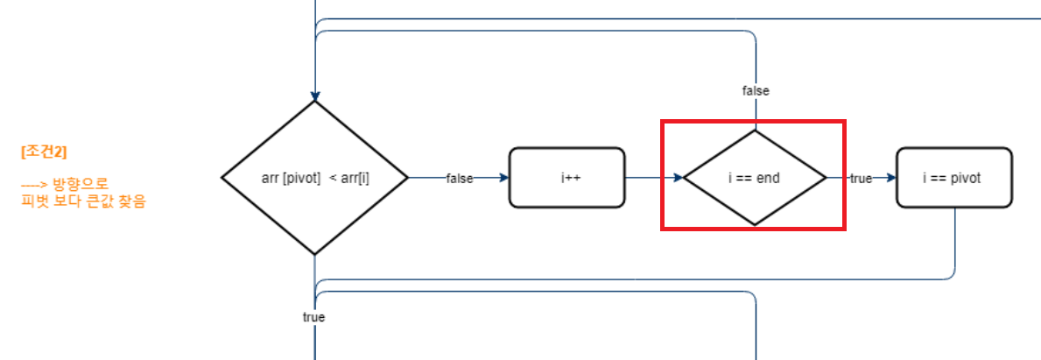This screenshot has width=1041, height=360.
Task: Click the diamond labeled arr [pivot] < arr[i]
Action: [314, 178]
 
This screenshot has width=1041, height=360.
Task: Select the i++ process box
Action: [567, 178]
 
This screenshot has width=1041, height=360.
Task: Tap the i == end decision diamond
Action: [755, 178]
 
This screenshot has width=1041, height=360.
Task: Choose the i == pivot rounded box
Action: [953, 178]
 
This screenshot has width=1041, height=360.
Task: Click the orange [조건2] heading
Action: [43, 151]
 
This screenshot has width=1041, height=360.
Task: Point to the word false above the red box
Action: [756, 90]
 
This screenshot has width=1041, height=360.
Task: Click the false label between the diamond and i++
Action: [460, 178]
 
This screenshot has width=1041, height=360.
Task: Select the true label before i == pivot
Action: [861, 178]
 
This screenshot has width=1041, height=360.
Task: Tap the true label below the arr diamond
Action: [313, 317]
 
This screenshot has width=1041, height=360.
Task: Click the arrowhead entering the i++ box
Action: [503, 178]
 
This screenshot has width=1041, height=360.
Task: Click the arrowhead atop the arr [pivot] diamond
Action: [314, 96]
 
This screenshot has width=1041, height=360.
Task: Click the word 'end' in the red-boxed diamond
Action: [769, 178]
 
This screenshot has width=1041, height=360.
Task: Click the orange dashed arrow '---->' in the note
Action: [34, 186]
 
